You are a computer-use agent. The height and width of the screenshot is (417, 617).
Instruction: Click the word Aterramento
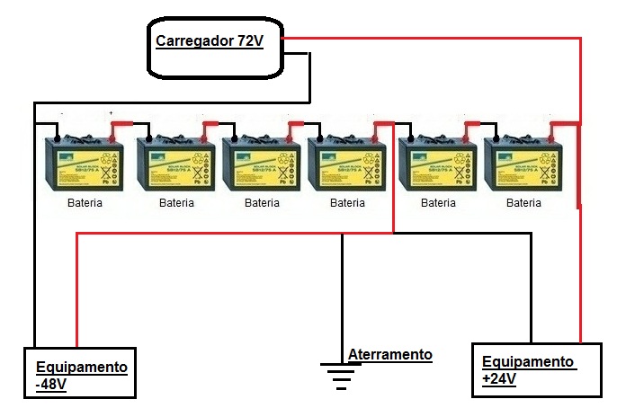[390, 354]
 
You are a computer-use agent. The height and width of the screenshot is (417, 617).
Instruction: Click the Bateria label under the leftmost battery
[85, 203]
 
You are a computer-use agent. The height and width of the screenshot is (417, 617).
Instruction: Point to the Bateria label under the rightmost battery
[523, 203]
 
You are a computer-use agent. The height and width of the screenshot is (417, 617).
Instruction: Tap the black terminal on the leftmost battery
[56, 138]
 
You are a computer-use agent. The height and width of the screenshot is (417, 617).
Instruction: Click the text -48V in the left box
[51, 384]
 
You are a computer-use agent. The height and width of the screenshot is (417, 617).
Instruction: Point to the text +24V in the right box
[499, 378]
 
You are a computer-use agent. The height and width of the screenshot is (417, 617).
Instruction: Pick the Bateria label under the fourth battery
[347, 203]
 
